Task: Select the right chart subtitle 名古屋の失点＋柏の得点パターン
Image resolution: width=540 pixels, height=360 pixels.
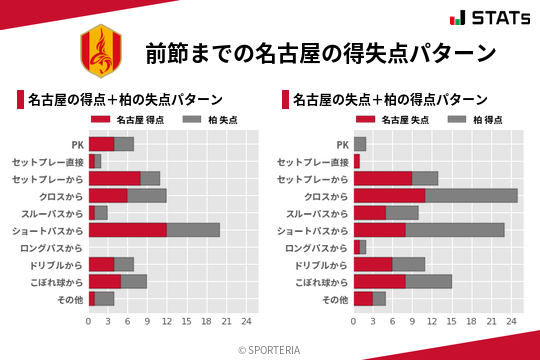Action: (390, 100)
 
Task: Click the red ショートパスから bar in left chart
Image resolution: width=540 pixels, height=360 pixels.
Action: (127, 229)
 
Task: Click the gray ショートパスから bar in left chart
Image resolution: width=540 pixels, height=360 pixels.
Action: (193, 229)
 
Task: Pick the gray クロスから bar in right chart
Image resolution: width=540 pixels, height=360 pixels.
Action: (471, 195)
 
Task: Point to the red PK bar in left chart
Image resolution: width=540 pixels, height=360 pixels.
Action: (101, 144)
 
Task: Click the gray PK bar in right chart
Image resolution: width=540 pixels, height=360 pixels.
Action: (360, 144)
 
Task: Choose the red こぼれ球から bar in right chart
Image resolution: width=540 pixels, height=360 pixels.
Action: (380, 281)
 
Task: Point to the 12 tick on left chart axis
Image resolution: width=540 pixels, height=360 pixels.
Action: (167, 321)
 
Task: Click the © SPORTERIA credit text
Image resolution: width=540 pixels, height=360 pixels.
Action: (270, 349)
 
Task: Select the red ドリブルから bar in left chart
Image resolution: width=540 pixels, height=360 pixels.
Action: (101, 264)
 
